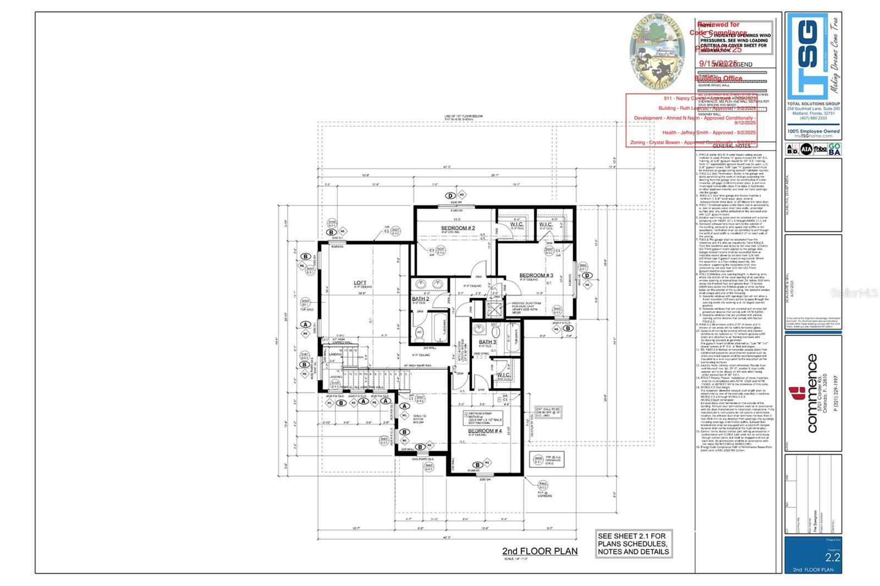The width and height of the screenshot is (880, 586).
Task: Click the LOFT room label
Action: pyautogui.click(x=360, y=283)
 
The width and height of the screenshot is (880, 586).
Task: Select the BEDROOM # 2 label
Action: pyautogui.click(x=458, y=228)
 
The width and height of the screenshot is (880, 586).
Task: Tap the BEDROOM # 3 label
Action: pyautogui.click(x=536, y=275)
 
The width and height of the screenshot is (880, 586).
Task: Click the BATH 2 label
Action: pyautogui.click(x=420, y=299)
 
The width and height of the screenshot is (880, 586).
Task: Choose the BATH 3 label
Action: pyautogui.click(x=487, y=342)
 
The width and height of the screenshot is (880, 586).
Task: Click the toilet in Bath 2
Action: pyautogui.click(x=419, y=332)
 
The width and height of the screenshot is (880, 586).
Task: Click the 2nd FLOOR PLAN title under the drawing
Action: pyautogui.click(x=540, y=551)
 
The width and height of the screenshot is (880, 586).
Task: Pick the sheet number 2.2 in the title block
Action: pyautogui.click(x=832, y=557)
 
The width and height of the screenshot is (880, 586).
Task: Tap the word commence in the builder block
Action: pyautogui.click(x=812, y=394)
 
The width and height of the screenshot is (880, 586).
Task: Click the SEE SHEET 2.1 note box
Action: pyautogui.click(x=634, y=544)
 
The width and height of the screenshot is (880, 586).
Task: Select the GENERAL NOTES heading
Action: pyautogui.click(x=731, y=146)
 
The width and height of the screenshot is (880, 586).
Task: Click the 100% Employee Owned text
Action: pyautogui.click(x=813, y=131)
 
